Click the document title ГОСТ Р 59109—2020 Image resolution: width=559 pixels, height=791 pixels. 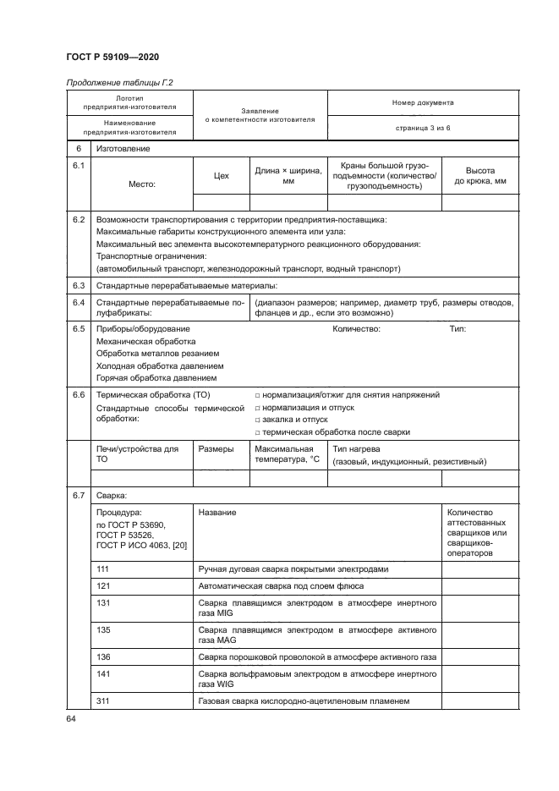[x=112, y=57]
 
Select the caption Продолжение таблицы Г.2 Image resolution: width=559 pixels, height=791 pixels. [x=118, y=82]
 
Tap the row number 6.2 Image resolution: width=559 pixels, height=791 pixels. [x=79, y=220]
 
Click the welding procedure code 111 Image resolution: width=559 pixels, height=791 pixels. [x=104, y=569]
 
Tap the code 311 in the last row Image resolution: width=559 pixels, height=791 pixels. [x=104, y=700]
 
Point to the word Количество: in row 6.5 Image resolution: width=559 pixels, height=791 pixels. [x=357, y=328]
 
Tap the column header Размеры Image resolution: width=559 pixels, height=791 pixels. [x=216, y=449]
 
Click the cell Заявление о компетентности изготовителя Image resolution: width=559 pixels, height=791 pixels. [x=260, y=115]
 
